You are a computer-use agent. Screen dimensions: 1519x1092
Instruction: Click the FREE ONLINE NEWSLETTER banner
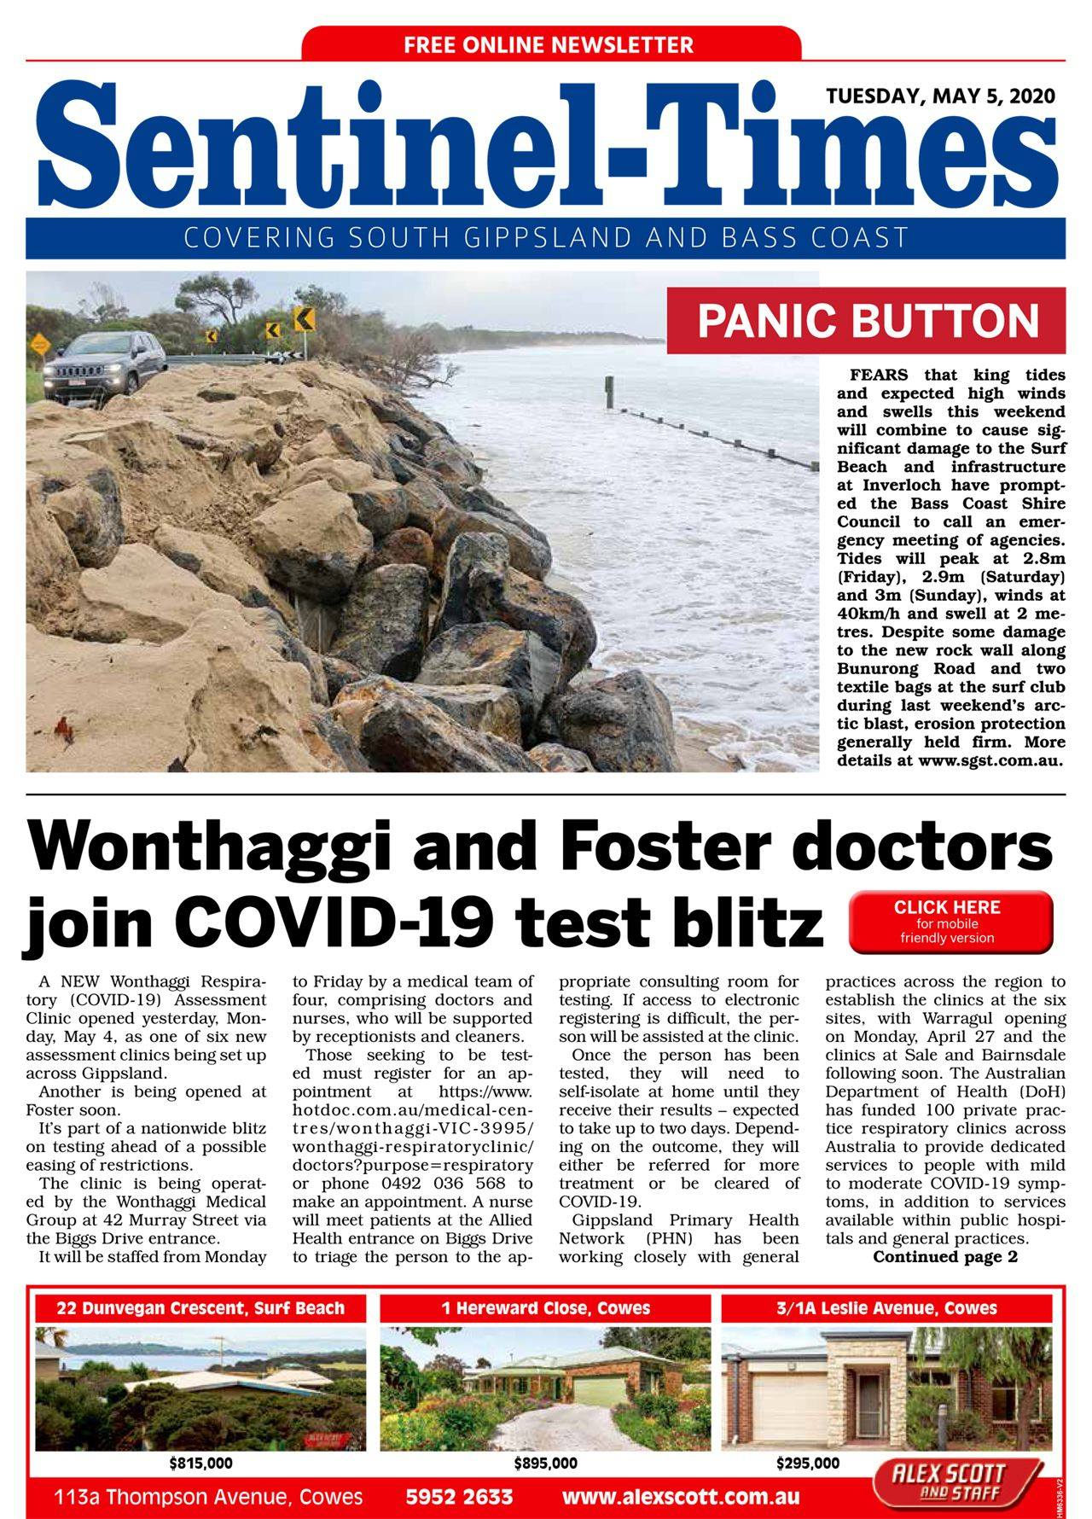pos(550,44)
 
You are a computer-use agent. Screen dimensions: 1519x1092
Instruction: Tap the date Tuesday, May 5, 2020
pos(940,96)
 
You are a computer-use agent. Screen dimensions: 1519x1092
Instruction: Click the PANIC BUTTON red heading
pos(867,321)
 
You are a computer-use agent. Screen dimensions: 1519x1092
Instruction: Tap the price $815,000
pos(200,1464)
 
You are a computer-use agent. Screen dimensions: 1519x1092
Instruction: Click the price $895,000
pos(545,1464)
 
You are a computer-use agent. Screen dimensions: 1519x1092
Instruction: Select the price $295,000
pos(807,1464)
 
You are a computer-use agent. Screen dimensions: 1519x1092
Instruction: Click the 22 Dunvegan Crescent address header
pos(200,1308)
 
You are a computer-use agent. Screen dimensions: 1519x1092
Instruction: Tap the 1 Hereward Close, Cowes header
pos(545,1308)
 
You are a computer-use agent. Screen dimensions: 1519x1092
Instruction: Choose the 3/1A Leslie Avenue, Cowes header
pos(886,1308)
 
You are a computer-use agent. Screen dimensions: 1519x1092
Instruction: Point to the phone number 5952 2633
pos(459,1497)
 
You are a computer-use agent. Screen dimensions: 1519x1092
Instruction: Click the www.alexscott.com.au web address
pos(681,1497)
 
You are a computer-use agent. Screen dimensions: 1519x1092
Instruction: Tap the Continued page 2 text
pos(944,1257)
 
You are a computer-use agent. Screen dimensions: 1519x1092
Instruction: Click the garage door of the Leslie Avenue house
pos(788,1409)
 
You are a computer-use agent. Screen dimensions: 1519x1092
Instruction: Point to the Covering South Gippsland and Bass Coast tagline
pos(546,237)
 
